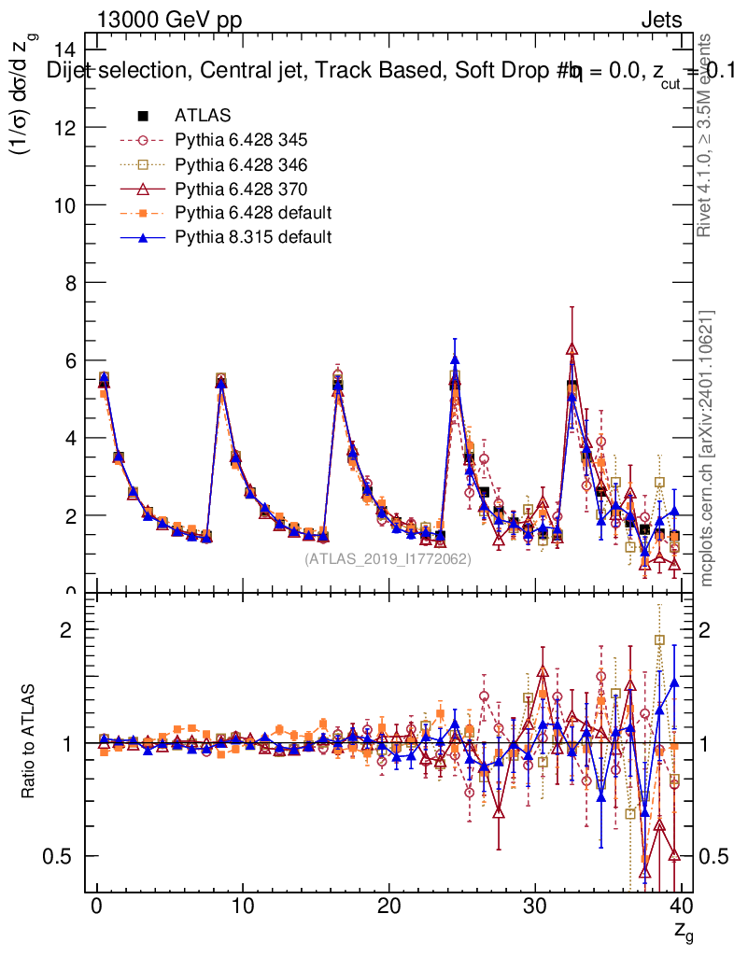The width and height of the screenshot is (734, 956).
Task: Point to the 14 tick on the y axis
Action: [x=66, y=49]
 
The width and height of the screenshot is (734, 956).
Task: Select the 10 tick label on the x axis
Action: [x=242, y=907]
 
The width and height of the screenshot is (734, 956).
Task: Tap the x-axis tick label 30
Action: [x=535, y=907]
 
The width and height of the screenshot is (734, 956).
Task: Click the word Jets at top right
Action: [x=660, y=20]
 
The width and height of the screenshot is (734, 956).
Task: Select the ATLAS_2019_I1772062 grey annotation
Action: [x=388, y=559]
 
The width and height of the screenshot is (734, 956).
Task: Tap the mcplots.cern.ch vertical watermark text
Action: [x=707, y=448]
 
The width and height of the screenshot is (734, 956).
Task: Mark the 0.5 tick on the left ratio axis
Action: [x=66, y=856]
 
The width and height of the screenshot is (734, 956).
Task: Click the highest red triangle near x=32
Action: [x=572, y=349]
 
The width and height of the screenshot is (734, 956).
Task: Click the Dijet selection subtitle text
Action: [x=374, y=71]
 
